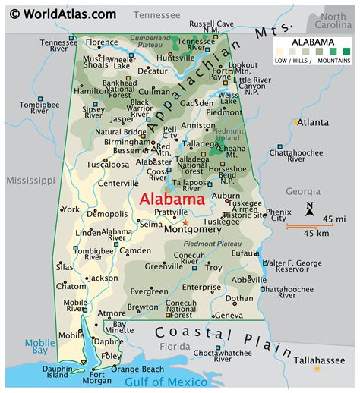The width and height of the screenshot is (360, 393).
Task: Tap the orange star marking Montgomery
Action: [x=185, y=221]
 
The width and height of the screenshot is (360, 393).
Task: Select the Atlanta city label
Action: [x=312, y=122]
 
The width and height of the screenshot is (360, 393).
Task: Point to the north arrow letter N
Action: [x=310, y=206]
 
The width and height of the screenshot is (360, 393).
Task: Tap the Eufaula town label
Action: [x=245, y=253]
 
